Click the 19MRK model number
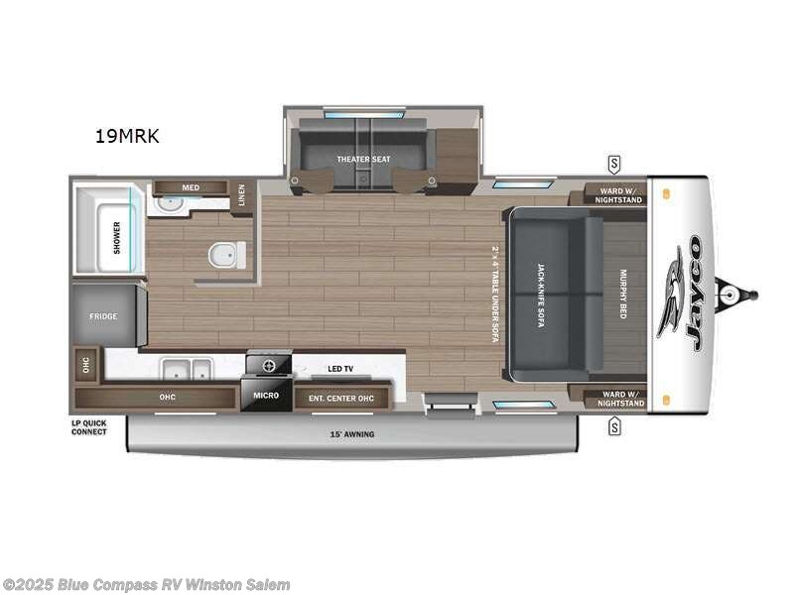126,137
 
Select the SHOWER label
117,238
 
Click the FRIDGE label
103,316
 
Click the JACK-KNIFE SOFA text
542,295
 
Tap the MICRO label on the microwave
265,396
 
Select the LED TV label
340,369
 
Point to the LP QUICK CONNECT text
89,428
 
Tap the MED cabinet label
191,187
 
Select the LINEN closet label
241,193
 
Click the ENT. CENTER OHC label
341,397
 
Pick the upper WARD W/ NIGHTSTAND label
618,194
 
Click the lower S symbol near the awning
614,427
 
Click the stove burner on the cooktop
268,365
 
